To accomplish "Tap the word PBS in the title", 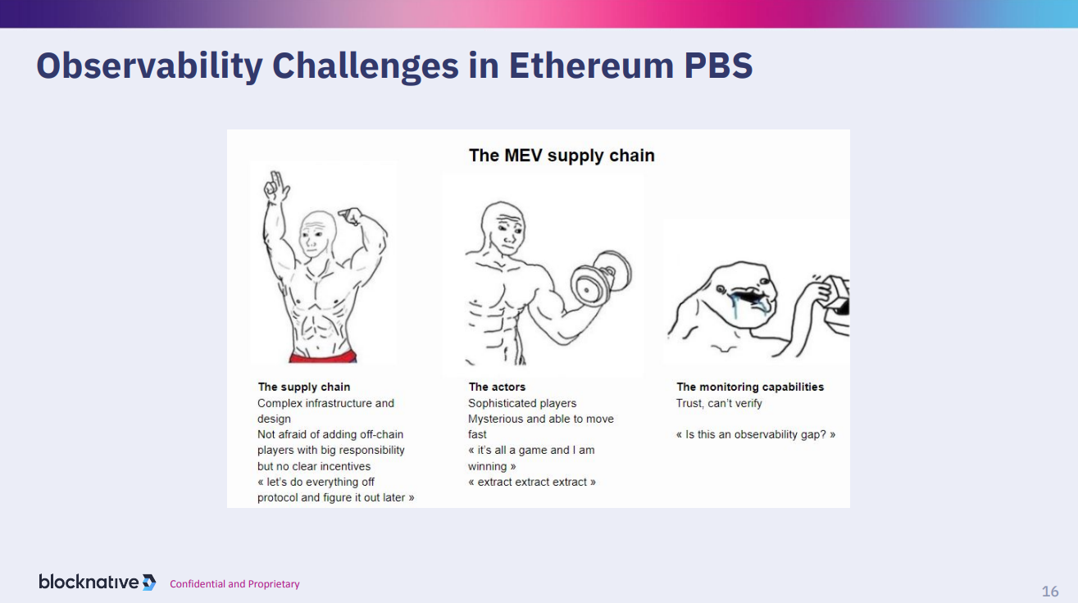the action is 718,66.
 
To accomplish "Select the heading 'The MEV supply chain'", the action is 562,156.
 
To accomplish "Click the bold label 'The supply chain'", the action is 303,387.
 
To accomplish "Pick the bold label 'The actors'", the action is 497,387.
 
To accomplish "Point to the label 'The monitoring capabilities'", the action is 750,387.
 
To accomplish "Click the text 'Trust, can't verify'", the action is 718,403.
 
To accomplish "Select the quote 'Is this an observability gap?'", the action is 756,435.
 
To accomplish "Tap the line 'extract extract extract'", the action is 532,482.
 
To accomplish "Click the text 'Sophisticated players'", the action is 522,403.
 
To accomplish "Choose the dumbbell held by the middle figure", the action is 601,279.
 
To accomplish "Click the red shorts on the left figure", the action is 323,356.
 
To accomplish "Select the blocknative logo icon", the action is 149,583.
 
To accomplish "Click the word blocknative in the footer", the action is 89,582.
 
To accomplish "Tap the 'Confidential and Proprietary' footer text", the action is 234,584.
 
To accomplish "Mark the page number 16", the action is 1050,592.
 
